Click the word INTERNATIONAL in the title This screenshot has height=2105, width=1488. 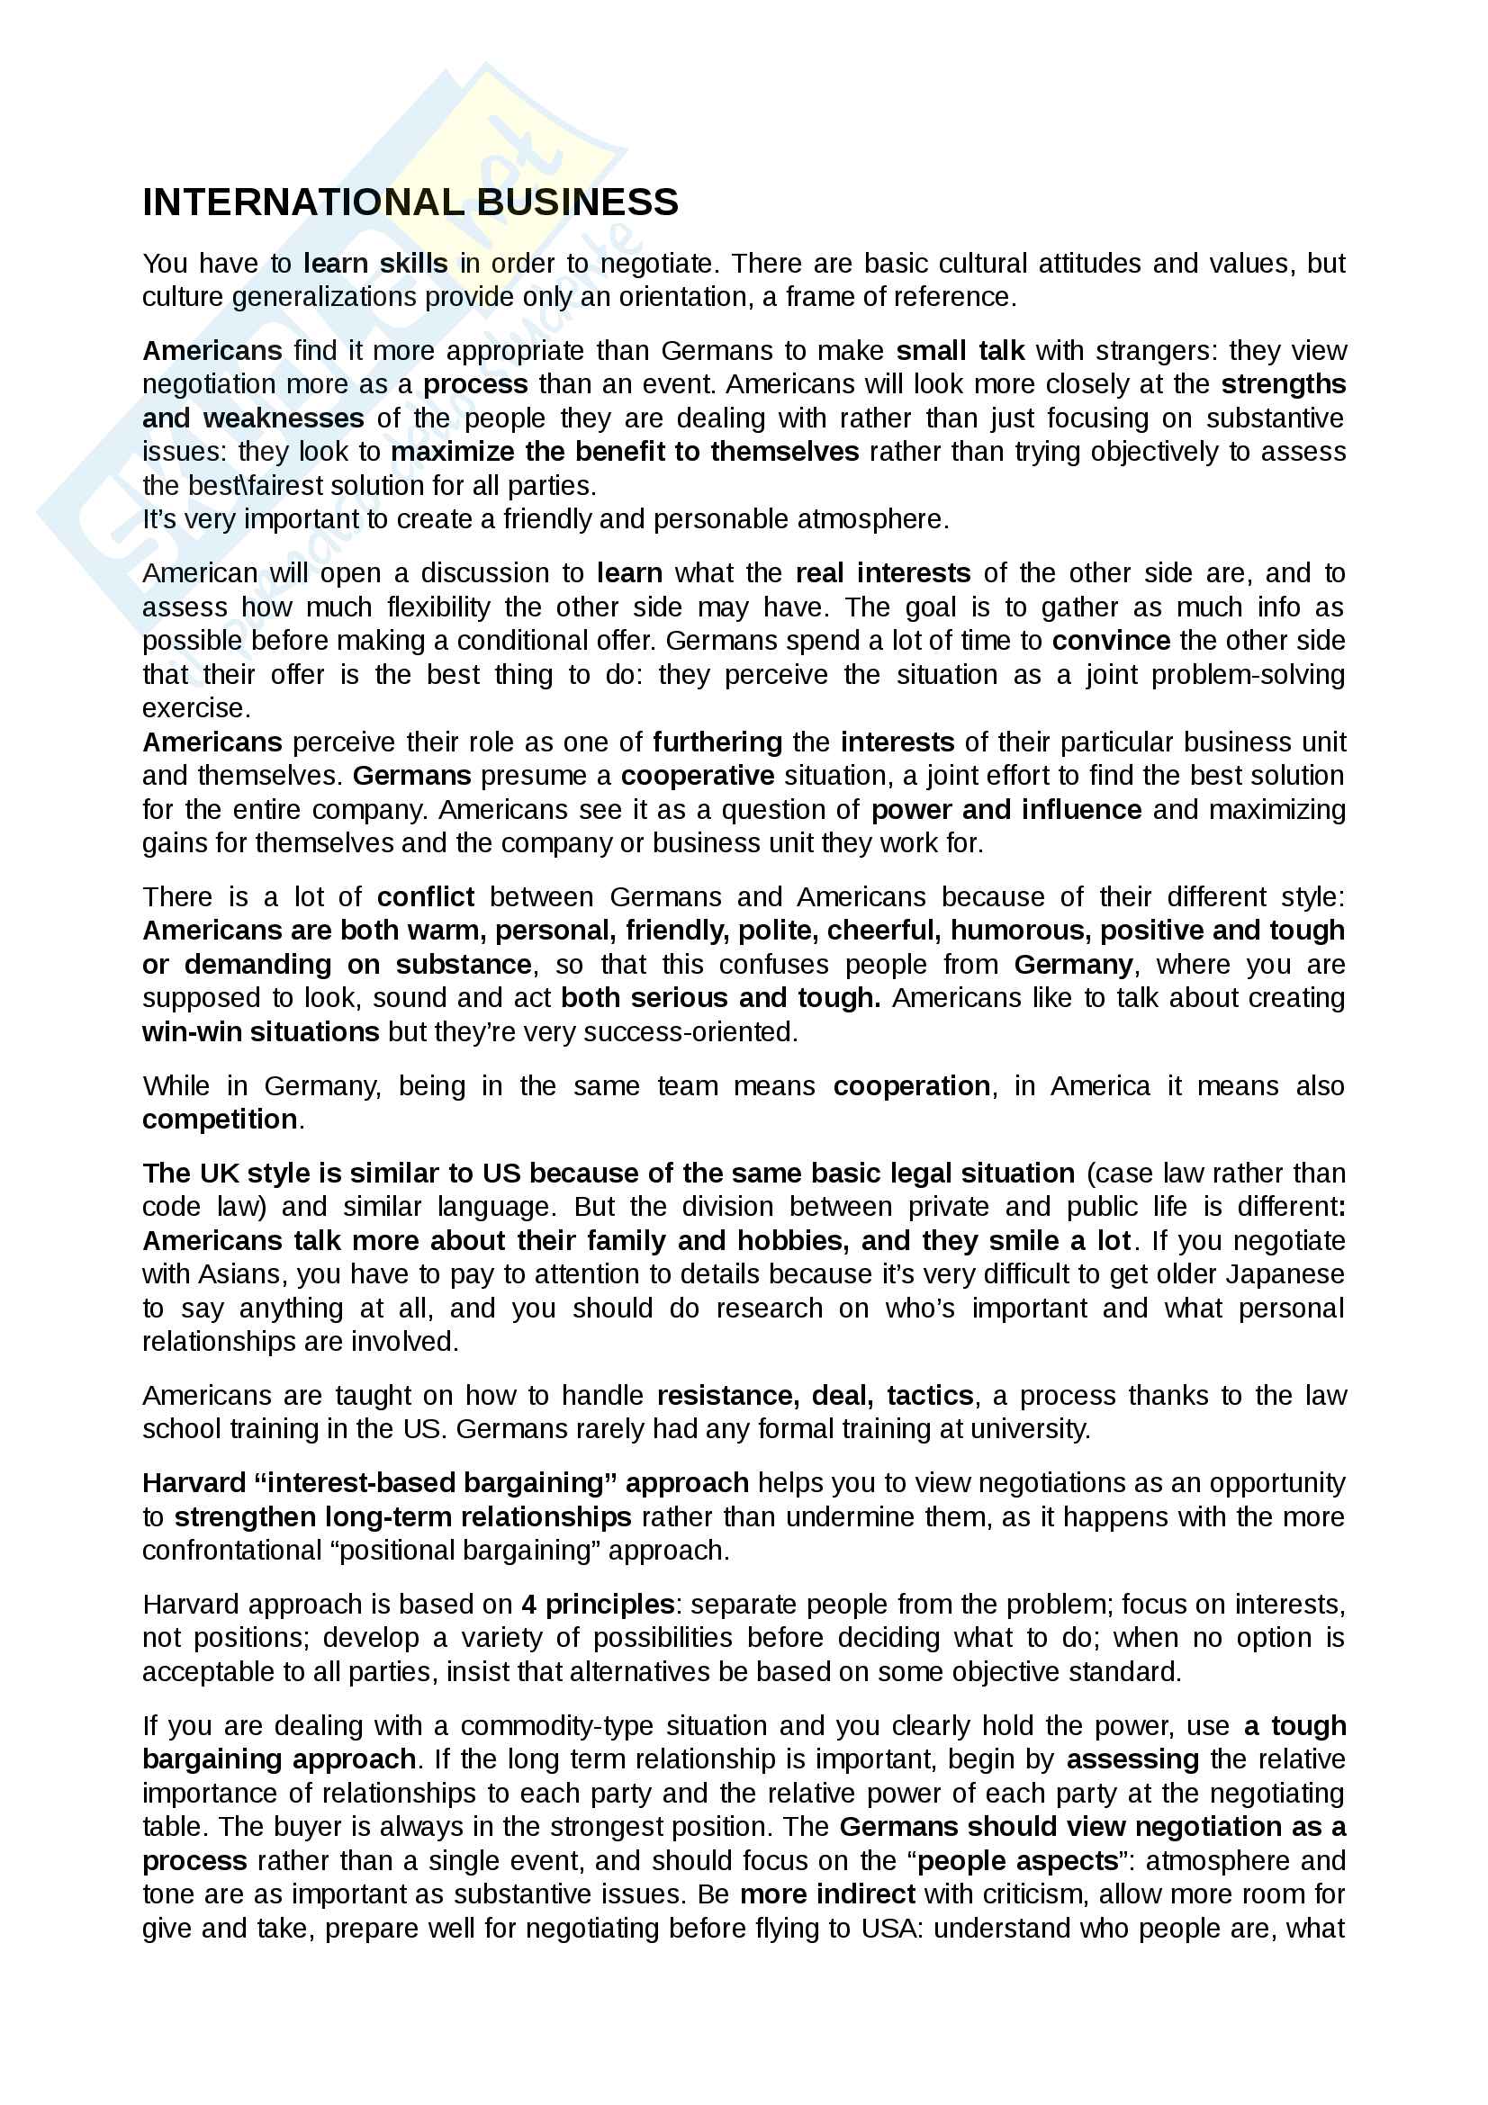click(x=302, y=202)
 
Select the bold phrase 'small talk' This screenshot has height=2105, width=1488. click(x=960, y=351)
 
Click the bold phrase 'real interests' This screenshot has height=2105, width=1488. click(x=883, y=574)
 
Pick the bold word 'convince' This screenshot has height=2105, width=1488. click(x=1110, y=641)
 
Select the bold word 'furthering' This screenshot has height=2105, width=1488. click(x=717, y=742)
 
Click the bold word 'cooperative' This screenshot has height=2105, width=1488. click(x=697, y=777)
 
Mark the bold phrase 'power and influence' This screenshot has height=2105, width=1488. click(x=1006, y=811)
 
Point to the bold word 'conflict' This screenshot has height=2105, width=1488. click(x=426, y=896)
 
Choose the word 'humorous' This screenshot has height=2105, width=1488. click(x=1020, y=931)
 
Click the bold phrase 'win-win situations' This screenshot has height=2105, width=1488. click(x=260, y=1032)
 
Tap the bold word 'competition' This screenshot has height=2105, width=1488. click(x=219, y=1120)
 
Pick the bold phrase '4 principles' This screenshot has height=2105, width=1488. click(x=598, y=1605)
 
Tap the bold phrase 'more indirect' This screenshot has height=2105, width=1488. click(x=827, y=1895)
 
